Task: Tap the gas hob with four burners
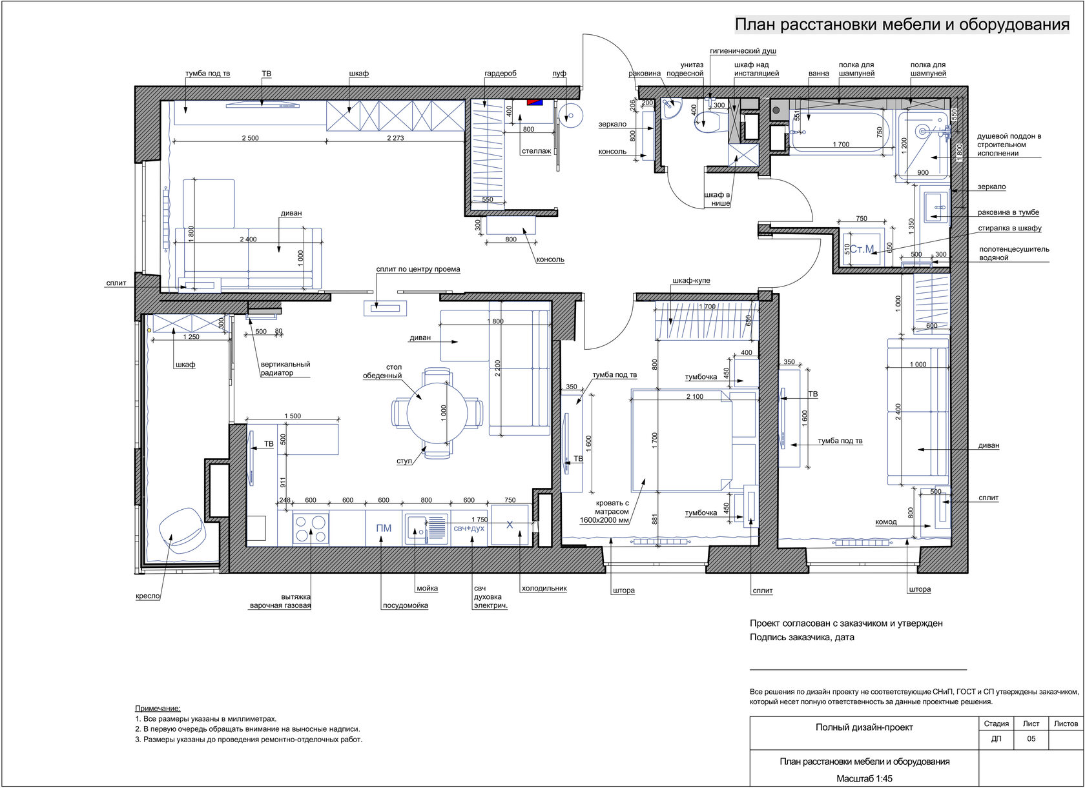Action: pos(311,529)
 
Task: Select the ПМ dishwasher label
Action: pos(384,528)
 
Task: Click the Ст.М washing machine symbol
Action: pos(862,249)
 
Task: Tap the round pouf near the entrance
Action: pos(571,116)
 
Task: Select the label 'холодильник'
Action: pos(544,588)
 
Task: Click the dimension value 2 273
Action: pos(395,138)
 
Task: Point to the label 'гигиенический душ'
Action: pos(743,51)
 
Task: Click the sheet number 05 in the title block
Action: pos(1031,738)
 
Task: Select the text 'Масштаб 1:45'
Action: pos(865,778)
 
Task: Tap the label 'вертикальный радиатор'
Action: pos(285,369)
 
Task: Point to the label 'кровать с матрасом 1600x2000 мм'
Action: pos(604,512)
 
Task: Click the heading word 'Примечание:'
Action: pos(158,708)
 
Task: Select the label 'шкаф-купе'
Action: pos(691,281)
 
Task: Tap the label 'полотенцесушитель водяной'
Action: pos(1014,253)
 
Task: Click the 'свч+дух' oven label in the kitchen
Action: pos(469,528)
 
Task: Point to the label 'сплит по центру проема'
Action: pos(418,269)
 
